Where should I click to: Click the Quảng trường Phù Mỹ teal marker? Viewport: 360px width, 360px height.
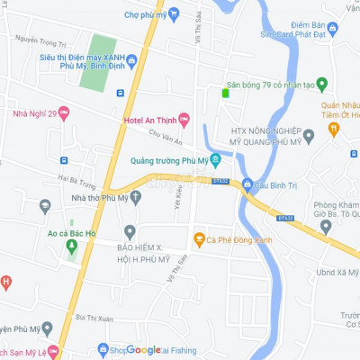tap(216, 160)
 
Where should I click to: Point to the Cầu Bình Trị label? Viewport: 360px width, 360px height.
tap(276, 184)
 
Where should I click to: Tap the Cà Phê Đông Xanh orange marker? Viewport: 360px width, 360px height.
tap(199, 238)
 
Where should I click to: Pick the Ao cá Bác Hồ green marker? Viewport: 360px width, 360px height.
tap(72, 245)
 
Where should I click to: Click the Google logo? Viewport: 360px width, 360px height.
tap(143, 350)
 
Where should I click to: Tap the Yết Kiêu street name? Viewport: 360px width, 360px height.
tap(178, 199)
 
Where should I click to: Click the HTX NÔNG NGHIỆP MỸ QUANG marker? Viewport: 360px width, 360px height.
tap(309, 136)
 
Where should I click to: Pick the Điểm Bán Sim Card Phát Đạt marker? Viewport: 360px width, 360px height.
tap(332, 29)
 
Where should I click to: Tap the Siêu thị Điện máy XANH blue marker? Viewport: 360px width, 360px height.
tap(132, 61)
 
